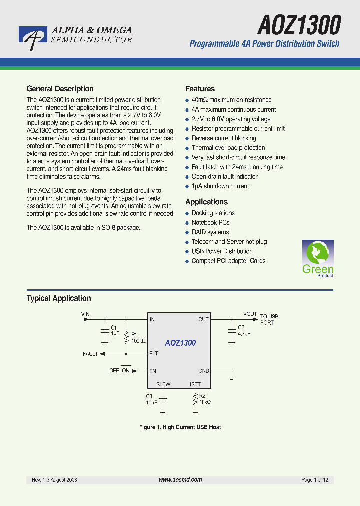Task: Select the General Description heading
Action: pyautogui.click(x=60, y=89)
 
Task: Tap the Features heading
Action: pyautogui.click(x=200, y=89)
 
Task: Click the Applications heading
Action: pyautogui.click(x=206, y=202)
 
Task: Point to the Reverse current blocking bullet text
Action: pyautogui.click(x=224, y=138)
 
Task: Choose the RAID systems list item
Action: pyautogui.click(x=210, y=232)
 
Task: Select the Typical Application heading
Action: pyautogui.click(x=59, y=298)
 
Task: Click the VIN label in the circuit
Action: pyautogui.click(x=86, y=314)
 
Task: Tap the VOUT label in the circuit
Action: pyautogui.click(x=250, y=314)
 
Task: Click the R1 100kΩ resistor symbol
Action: pyautogui.click(x=126, y=337)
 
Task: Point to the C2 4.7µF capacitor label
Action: pyautogui.click(x=244, y=330)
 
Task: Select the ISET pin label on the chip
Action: pyautogui.click(x=195, y=384)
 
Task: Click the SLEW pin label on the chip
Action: pyautogui.click(x=163, y=384)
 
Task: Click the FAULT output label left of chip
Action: pyautogui.click(x=91, y=354)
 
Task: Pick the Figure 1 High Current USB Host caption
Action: pyautogui.click(x=180, y=427)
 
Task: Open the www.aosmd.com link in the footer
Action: pyautogui.click(x=180, y=480)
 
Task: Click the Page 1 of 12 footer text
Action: pyautogui.click(x=315, y=480)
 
